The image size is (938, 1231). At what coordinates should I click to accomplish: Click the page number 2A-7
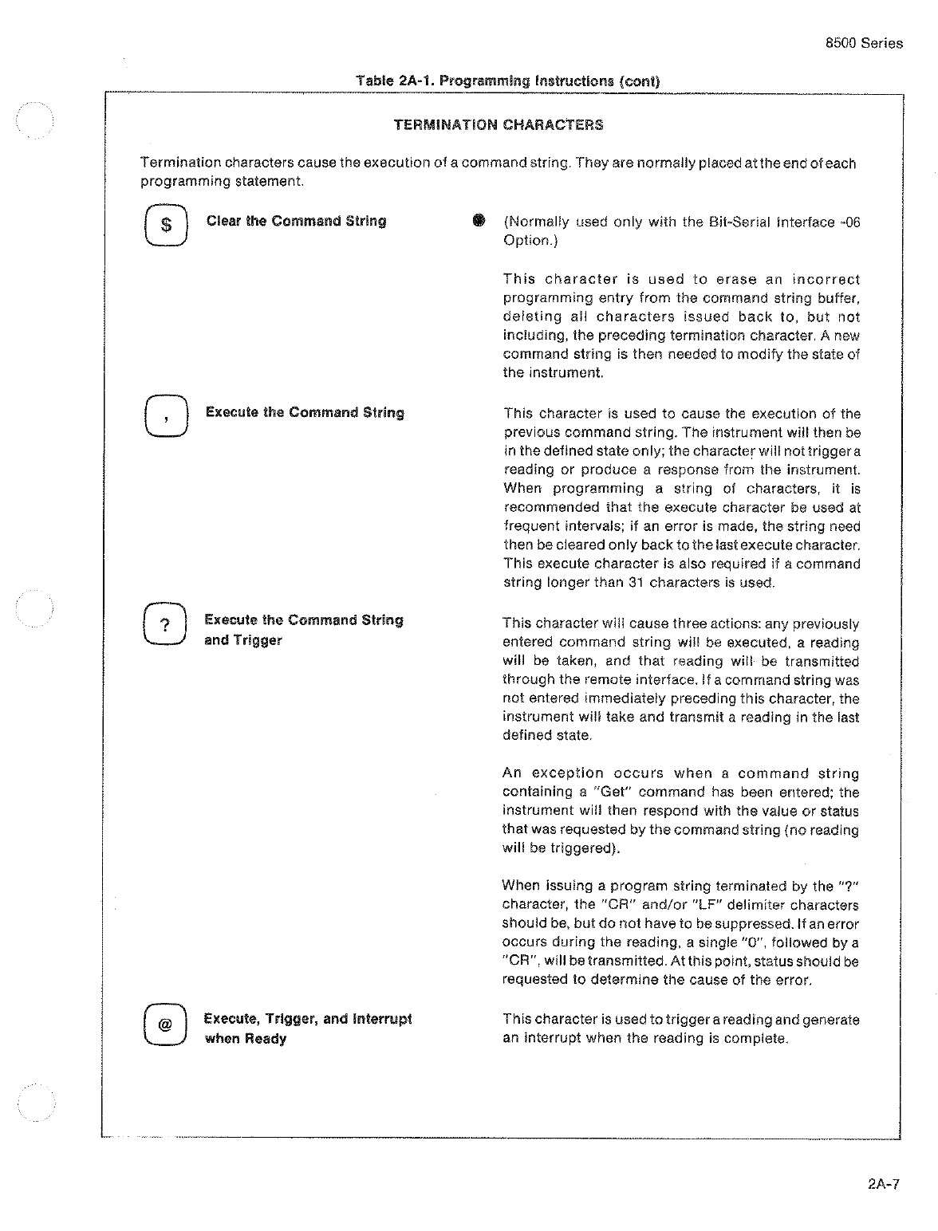(x=883, y=1184)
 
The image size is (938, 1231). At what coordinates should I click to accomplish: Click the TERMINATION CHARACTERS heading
(x=499, y=125)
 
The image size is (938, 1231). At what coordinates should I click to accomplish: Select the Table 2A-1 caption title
(x=508, y=81)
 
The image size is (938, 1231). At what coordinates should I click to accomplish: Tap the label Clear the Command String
(x=296, y=222)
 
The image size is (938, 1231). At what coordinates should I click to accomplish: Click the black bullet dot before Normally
(x=479, y=221)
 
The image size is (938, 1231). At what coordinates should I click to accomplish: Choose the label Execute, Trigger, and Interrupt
(x=308, y=1019)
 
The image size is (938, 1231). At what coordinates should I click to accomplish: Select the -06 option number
(x=850, y=222)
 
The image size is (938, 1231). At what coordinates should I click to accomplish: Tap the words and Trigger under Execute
(x=243, y=640)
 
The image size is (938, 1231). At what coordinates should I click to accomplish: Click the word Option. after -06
(x=527, y=241)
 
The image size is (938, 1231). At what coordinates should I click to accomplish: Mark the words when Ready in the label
(x=246, y=1039)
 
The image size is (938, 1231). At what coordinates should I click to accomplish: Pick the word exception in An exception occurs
(x=568, y=773)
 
